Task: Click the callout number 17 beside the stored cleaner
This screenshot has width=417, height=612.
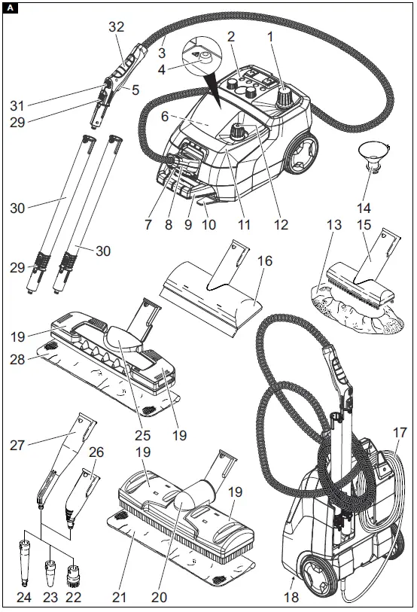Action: [x=399, y=433]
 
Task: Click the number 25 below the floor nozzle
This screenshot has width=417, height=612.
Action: [x=142, y=435]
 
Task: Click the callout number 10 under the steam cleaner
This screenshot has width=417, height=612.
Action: [x=209, y=225]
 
